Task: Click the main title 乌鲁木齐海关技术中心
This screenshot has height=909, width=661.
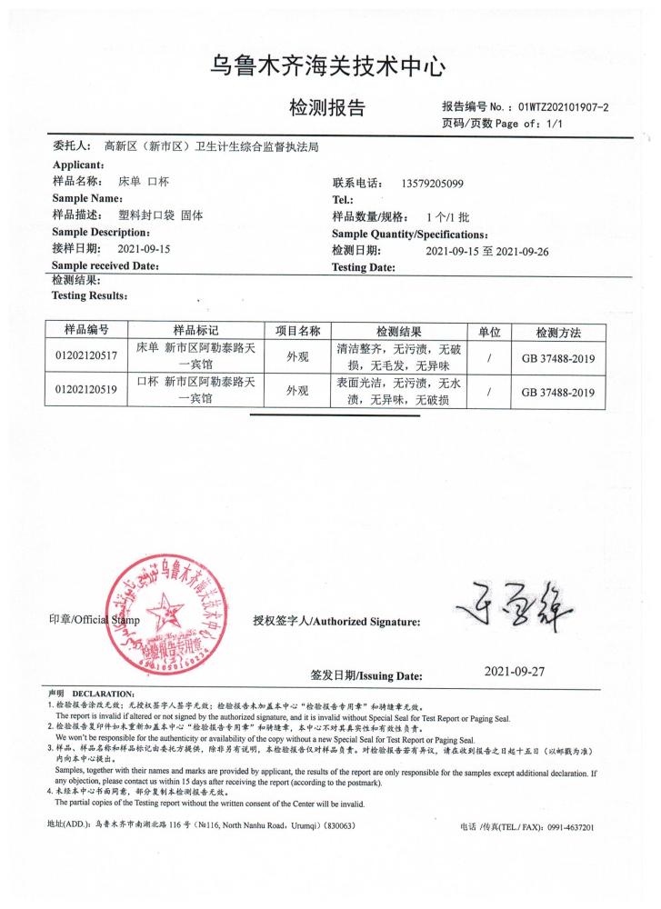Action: pos(329,66)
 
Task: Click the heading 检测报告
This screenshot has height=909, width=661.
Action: pos(327,108)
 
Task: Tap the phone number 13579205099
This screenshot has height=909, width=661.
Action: pos(432,184)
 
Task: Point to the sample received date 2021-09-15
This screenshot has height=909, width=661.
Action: pos(145,248)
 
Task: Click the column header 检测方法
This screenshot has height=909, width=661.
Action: pos(558,332)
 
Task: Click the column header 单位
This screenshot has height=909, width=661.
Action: pos(489,332)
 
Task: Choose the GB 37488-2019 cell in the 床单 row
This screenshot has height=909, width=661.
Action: pos(558,358)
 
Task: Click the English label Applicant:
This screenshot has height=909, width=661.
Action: pos(82,164)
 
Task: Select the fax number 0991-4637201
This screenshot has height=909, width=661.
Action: pos(564,828)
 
